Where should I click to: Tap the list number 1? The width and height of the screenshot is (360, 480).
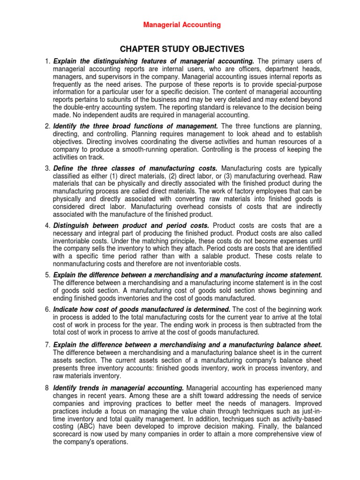[47, 61]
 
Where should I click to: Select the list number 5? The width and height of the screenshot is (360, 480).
[47, 275]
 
